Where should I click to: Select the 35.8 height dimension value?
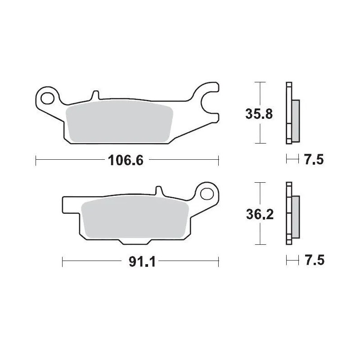point(258,114)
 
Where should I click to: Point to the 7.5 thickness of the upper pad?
point(314,159)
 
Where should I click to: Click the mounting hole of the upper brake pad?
point(47,96)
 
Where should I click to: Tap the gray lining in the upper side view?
point(295,119)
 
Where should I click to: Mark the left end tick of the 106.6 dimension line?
point(36,159)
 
